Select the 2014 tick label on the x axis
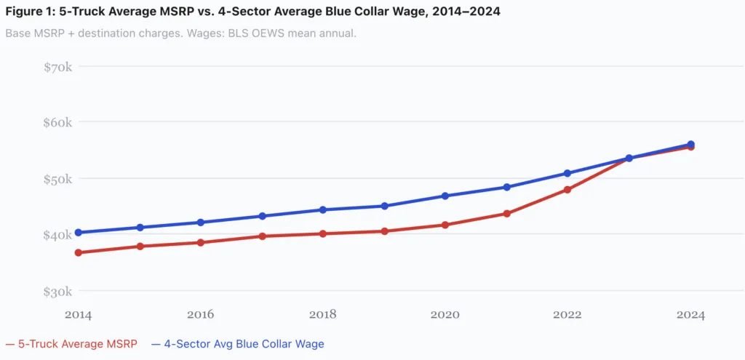(78, 314)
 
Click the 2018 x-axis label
(323, 314)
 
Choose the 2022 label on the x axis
(567, 314)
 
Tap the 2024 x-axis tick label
(690, 314)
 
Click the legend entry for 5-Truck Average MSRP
(71, 343)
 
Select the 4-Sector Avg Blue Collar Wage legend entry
(239, 343)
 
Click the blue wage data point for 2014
(78, 233)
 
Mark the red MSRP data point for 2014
(78, 252)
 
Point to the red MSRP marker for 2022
(567, 190)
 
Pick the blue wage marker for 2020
(445, 196)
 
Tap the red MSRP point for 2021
(506, 214)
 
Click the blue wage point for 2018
(323, 209)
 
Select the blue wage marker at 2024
(690, 144)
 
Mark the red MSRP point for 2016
(200, 242)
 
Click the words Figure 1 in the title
(31, 12)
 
